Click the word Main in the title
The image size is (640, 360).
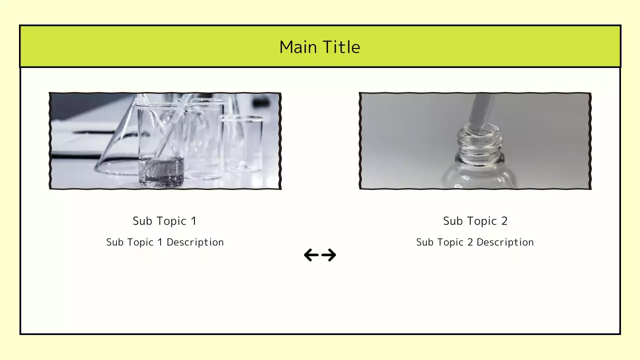(297, 47)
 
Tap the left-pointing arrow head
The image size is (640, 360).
(308, 255)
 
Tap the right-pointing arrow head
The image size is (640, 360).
(331, 255)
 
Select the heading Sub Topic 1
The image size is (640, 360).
(164, 221)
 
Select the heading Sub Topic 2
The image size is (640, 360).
(475, 221)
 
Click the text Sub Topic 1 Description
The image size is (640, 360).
(164, 242)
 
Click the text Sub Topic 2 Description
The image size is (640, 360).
(475, 242)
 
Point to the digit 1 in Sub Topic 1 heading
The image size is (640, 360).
(193, 221)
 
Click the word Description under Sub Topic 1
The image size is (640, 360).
(195, 242)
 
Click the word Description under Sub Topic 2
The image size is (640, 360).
(505, 242)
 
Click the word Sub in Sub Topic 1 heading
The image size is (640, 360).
(141, 221)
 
